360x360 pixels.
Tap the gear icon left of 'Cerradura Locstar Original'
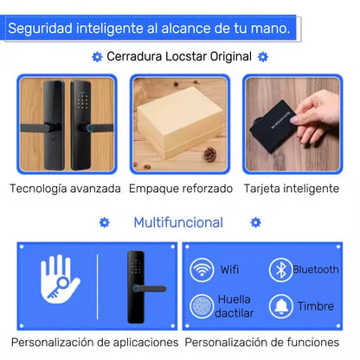pos(96,57)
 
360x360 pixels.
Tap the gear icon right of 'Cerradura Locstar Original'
pos(263,57)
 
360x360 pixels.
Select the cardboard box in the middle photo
pos(178,121)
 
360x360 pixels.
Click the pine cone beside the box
pos(209,154)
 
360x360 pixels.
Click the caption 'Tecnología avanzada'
pos(65,188)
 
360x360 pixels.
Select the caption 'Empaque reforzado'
pos(181,188)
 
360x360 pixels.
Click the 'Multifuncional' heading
pos(178,222)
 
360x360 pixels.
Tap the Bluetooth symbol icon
pos(279,270)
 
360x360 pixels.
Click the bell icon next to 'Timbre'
pos(280,305)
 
